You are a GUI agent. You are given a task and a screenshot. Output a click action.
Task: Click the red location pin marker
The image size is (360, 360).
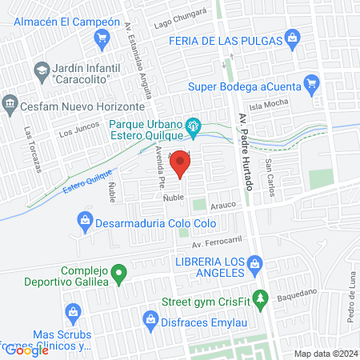click(181, 162)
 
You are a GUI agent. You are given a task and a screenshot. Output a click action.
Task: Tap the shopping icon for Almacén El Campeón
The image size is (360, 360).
click(102, 38)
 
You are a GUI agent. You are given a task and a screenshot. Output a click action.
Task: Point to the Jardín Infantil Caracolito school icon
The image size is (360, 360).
click(39, 72)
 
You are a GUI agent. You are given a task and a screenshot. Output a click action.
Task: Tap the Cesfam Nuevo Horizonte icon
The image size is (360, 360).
click(10, 102)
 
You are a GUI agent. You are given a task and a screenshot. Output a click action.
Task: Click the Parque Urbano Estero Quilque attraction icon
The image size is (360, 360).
click(193, 126)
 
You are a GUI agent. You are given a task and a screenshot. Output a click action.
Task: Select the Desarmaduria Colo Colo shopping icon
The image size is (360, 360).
click(85, 218)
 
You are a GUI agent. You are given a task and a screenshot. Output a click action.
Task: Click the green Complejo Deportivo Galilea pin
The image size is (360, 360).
click(118, 276)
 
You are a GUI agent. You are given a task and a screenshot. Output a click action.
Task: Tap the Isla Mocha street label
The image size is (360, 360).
click(289, 104)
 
